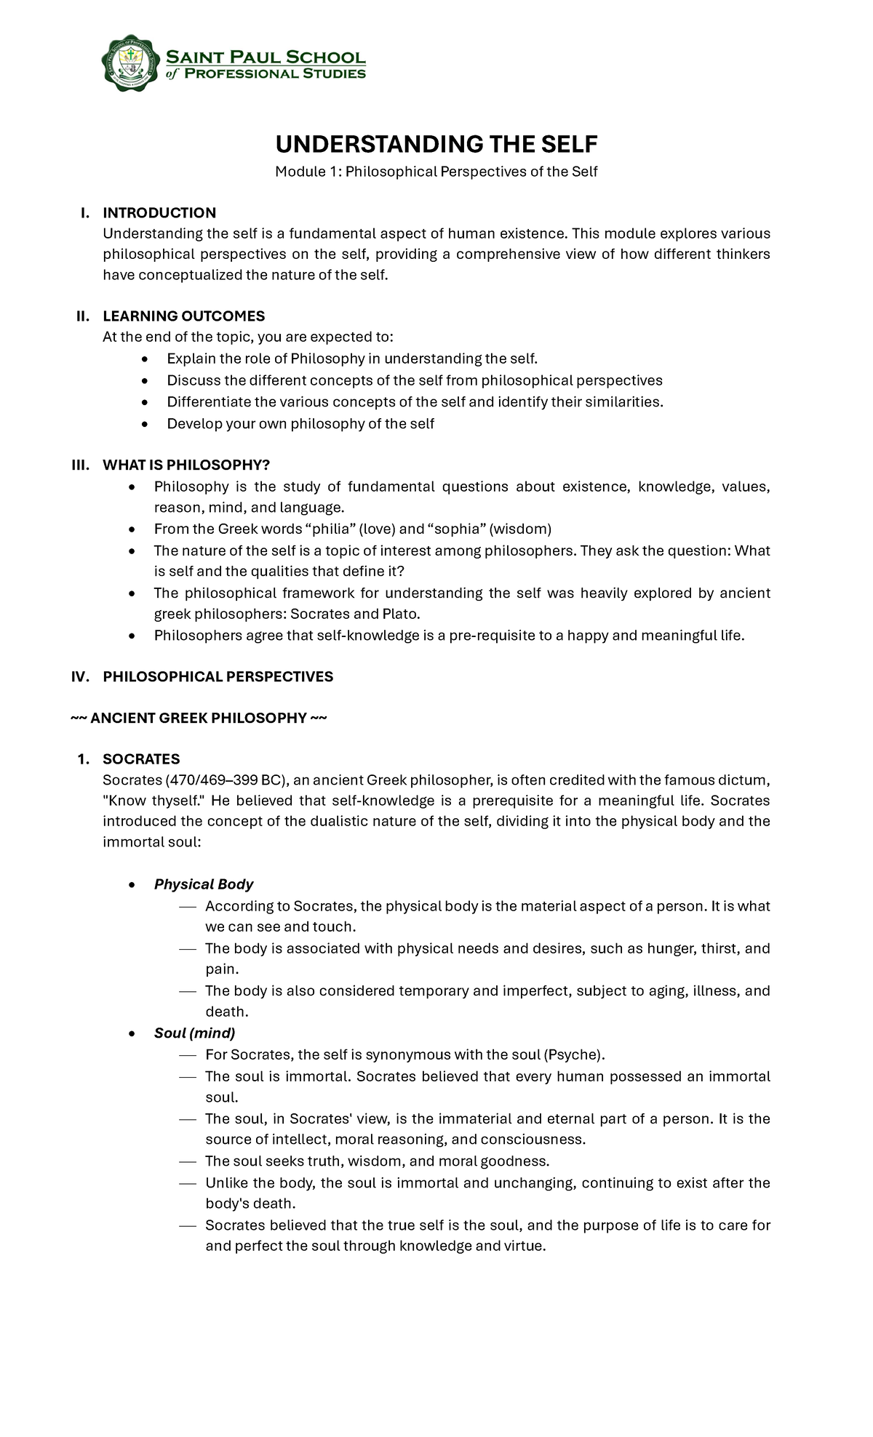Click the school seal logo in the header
tap(130, 63)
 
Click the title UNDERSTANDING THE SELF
tap(436, 144)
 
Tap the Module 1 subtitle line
tap(436, 172)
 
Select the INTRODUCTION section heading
tap(159, 212)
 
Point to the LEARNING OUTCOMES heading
tap(183, 316)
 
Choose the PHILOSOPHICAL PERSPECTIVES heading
tap(218, 676)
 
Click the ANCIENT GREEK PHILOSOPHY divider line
tap(199, 718)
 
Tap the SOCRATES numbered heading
tap(141, 758)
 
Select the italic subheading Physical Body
tap(204, 884)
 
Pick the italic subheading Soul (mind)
tap(194, 1033)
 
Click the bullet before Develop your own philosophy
tap(146, 424)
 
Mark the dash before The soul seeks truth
tap(188, 1161)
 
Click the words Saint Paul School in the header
tap(266, 57)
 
